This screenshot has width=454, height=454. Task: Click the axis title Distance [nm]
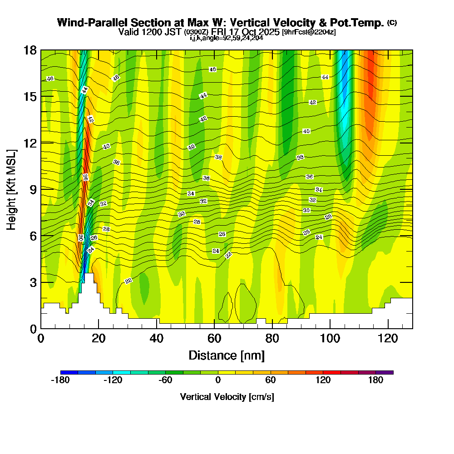[227, 355]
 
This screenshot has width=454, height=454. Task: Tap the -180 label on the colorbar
[60, 380]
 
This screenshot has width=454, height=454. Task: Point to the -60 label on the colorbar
[165, 380]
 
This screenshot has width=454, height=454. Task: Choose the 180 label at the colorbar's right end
[376, 380]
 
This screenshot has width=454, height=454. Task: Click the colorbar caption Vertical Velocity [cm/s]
[227, 397]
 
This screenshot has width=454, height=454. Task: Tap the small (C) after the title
[392, 23]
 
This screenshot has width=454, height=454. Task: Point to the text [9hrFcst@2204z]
[309, 32]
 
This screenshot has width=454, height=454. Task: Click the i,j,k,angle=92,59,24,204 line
[227, 38]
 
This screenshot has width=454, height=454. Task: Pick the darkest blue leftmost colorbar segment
[69, 372]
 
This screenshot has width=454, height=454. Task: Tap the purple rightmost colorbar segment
[385, 372]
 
